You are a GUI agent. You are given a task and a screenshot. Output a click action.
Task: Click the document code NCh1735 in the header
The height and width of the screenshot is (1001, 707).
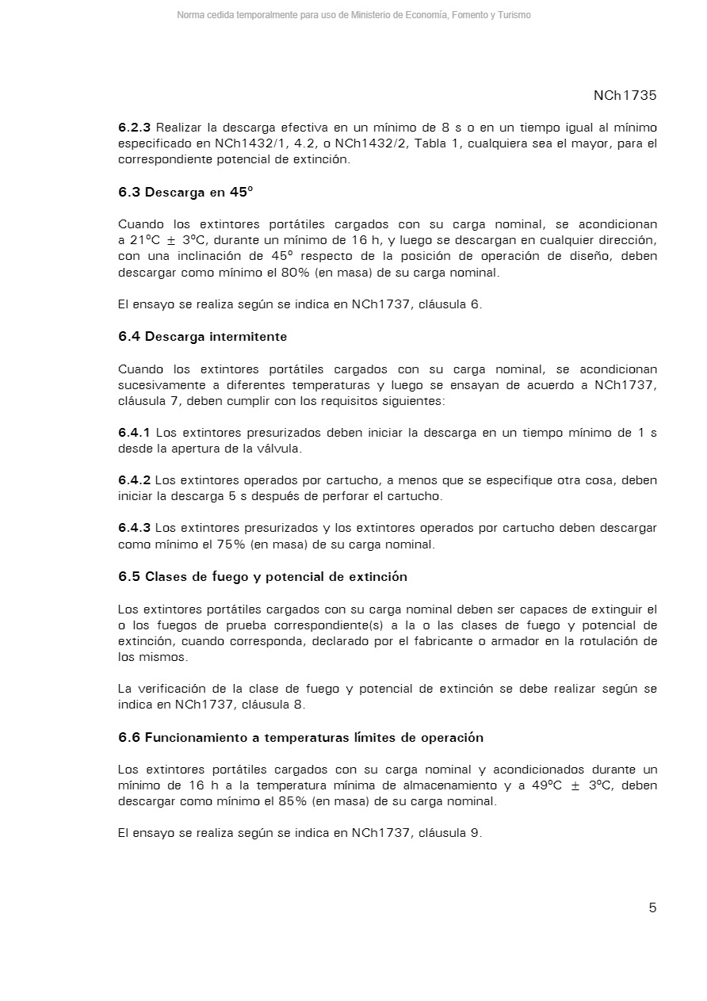point(625,95)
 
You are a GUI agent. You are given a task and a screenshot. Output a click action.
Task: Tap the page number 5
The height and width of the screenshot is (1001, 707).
point(652,907)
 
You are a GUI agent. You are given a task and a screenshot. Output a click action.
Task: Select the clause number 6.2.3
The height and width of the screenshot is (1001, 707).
point(134,128)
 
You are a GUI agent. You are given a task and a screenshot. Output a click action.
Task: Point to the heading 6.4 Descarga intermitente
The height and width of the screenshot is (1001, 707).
point(202,336)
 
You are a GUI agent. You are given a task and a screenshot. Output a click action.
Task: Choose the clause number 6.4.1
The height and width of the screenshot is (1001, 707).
point(134,433)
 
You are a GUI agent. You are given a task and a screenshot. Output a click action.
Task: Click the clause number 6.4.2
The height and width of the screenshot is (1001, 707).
point(134,480)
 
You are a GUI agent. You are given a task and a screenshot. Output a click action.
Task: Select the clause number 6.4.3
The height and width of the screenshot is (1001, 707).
point(134,528)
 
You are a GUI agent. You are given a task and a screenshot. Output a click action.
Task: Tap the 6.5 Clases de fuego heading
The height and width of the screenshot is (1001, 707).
point(262,576)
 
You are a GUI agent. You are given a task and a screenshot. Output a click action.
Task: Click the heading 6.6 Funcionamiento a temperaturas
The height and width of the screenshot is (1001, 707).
point(300,737)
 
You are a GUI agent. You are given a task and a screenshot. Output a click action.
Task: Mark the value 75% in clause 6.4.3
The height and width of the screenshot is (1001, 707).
point(231,544)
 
